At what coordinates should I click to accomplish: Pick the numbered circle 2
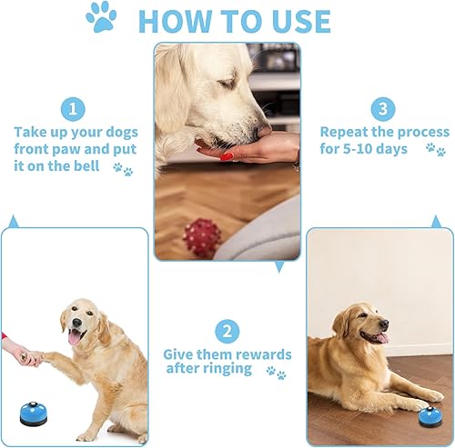click(x=227, y=331)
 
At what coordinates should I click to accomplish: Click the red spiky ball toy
click(x=202, y=236)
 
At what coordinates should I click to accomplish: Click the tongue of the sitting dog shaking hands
click(x=72, y=337)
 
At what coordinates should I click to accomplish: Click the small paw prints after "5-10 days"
click(x=436, y=150)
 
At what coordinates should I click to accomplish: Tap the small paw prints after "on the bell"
click(x=123, y=168)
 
